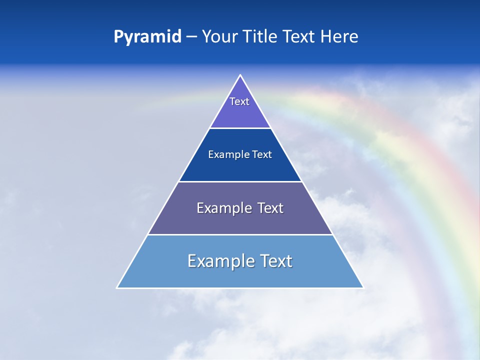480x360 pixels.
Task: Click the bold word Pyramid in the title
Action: (x=147, y=37)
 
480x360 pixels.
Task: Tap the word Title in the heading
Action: (x=263, y=37)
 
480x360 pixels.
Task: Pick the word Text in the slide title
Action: (x=300, y=37)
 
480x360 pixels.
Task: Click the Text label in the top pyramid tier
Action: (x=239, y=101)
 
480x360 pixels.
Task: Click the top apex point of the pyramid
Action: (x=240, y=75)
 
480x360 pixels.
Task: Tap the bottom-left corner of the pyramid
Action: (x=117, y=287)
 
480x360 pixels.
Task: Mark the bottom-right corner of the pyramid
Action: (x=363, y=287)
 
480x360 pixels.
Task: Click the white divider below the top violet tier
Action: (x=240, y=128)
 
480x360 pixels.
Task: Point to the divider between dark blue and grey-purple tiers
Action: (x=240, y=181)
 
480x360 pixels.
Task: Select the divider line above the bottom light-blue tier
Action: (x=240, y=234)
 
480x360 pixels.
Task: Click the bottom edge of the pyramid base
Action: (x=240, y=288)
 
